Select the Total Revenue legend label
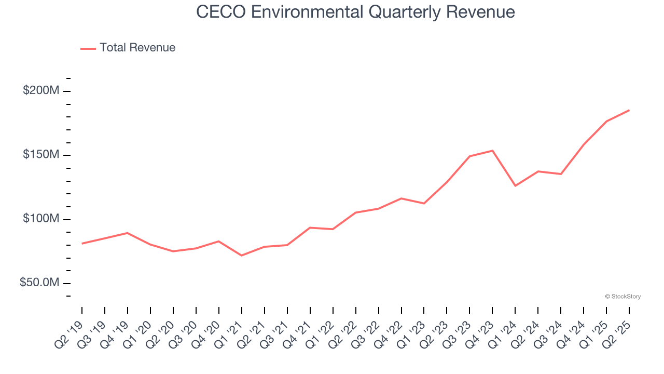point(137,48)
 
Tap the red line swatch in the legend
point(88,48)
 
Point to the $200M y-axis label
point(41,91)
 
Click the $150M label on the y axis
point(41,155)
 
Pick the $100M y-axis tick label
point(41,219)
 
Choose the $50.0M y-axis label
point(39,283)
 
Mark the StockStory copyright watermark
point(622,297)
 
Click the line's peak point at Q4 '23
point(492,151)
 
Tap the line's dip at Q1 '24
point(515,185)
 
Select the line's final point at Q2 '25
point(629,110)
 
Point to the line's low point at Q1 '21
point(242,256)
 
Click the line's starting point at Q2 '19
point(82,243)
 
